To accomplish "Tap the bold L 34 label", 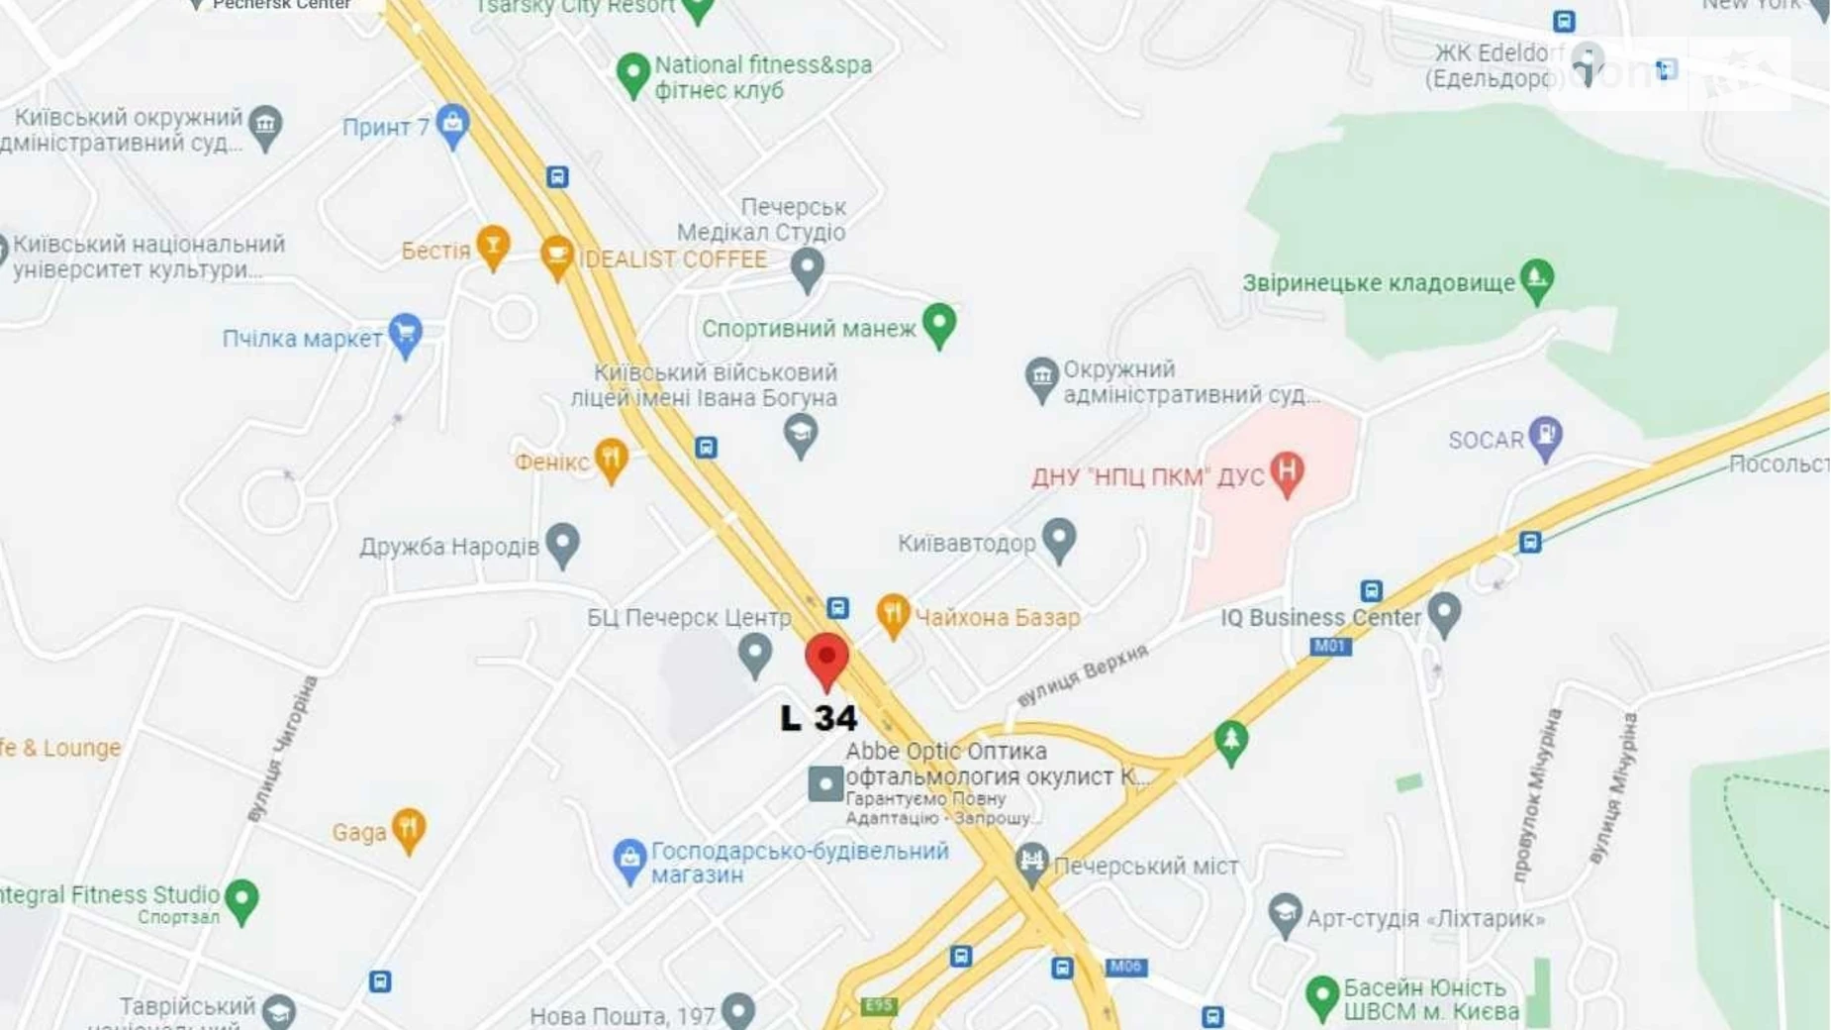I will [x=819, y=718].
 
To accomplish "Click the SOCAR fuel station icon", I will [x=1545, y=437].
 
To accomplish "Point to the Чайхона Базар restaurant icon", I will [x=893, y=615].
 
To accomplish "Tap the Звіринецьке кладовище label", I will [x=1378, y=283].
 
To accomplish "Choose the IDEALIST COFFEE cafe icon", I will [x=556, y=257].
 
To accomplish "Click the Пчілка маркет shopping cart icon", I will [x=405, y=334].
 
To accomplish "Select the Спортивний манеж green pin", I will [x=939, y=323].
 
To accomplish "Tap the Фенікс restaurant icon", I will [x=611, y=459].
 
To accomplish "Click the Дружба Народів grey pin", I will [x=562, y=543].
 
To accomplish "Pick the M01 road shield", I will [x=1329, y=647].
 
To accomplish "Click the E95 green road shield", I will [x=878, y=1006].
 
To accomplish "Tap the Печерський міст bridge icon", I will [x=1031, y=863].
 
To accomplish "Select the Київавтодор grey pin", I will [x=1059, y=539].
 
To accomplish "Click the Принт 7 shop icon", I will [x=452, y=125].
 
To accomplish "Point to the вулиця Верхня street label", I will [x=1083, y=674].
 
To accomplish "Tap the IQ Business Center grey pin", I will [x=1444, y=613].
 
